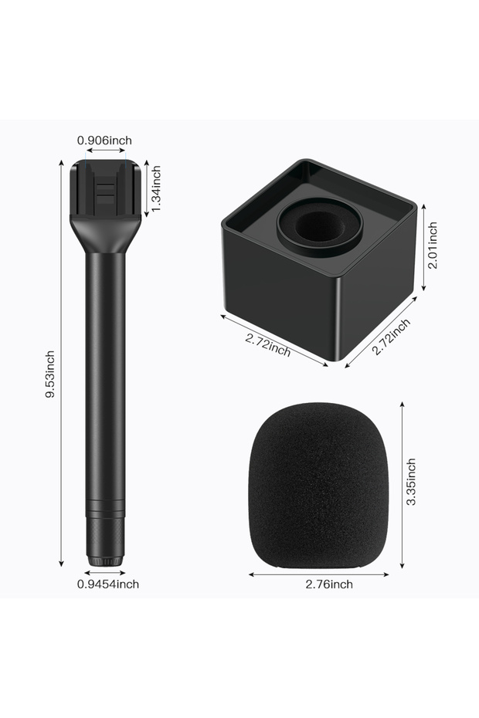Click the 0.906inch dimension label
pyautogui.click(x=104, y=140)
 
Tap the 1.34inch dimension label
pyautogui.click(x=156, y=188)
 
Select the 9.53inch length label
pyautogui.click(x=50, y=374)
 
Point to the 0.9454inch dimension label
pyautogui.click(x=107, y=584)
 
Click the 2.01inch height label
pyautogui.click(x=432, y=246)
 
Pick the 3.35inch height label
pyautogui.click(x=411, y=482)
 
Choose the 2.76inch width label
pyautogui.click(x=329, y=584)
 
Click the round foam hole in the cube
pyautogui.click(x=320, y=226)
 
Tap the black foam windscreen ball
pyautogui.click(x=320, y=486)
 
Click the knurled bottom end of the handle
pyautogui.click(x=105, y=543)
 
